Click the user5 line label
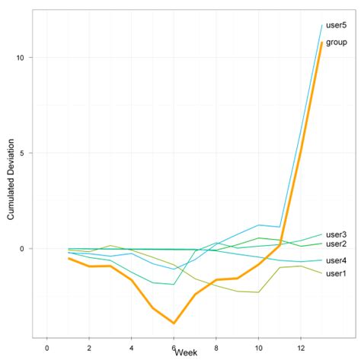[336, 26]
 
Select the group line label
[337, 43]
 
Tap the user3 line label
[336, 234]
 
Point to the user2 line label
[336, 244]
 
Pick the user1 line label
[336, 273]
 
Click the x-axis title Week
[186, 352]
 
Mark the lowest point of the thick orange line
[174, 323]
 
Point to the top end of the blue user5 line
[321, 25]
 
